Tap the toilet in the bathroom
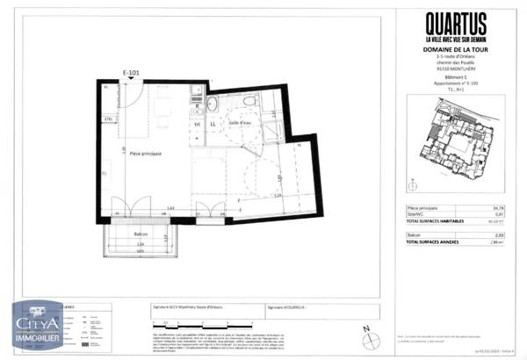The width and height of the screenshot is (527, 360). [252, 105]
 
